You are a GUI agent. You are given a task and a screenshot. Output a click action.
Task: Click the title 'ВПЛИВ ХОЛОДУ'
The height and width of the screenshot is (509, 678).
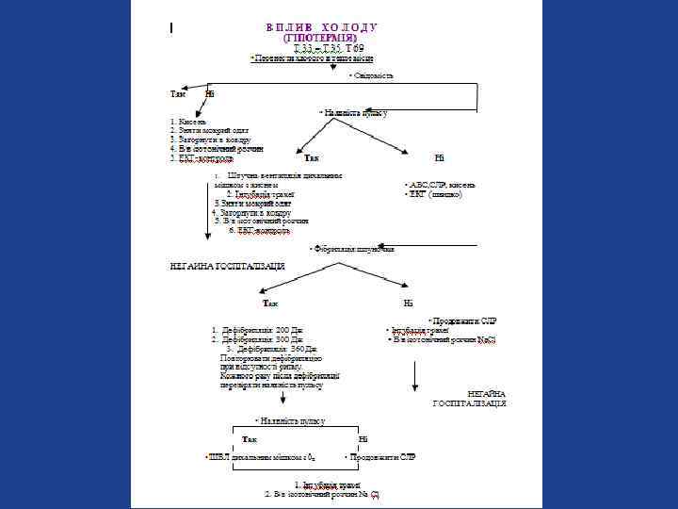[321, 27]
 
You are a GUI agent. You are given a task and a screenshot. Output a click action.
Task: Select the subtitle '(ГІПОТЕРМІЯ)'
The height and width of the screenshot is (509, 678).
[321, 38]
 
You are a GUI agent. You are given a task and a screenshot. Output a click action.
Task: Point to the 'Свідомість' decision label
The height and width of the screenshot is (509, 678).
[372, 74]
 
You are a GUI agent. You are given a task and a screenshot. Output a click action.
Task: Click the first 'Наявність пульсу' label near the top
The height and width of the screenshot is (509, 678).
[355, 112]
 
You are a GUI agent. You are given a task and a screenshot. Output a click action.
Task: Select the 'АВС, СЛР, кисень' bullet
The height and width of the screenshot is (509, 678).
[440, 184]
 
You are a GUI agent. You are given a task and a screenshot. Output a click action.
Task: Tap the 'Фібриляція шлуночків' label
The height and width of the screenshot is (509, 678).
[353, 249]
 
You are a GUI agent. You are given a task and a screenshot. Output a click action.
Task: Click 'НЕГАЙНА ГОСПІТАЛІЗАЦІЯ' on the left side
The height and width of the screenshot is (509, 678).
[228, 267]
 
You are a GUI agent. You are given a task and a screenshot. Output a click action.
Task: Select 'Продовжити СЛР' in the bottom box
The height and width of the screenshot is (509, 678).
[381, 456]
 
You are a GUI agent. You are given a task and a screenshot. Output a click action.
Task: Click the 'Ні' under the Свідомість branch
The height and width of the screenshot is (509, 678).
[209, 93]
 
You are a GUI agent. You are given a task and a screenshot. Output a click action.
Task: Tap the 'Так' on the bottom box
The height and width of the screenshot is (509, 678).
[250, 439]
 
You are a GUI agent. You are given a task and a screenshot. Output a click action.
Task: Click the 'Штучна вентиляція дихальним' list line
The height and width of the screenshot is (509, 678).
[283, 175]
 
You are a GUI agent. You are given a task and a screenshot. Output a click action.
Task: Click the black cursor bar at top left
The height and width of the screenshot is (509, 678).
[171, 28]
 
